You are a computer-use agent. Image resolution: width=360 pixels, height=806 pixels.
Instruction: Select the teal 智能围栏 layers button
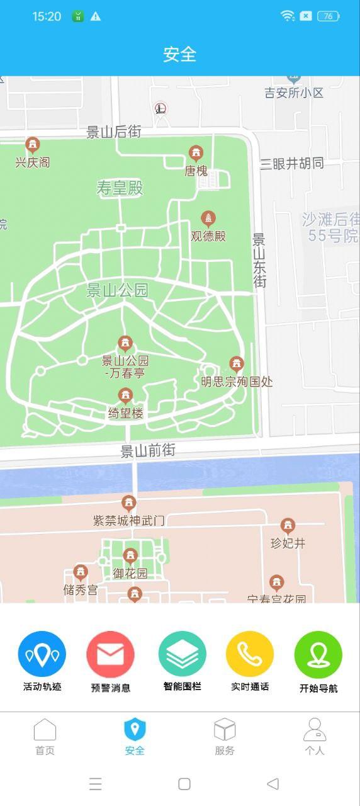pos(183,655)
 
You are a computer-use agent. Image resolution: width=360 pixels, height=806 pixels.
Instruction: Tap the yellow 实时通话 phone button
pos(250,655)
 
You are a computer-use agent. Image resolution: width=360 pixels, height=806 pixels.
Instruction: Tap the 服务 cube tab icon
pos(225,730)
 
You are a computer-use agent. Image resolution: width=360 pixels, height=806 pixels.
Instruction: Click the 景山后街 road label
pos(114,132)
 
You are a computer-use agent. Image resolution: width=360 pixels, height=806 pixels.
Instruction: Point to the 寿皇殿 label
pos(120,188)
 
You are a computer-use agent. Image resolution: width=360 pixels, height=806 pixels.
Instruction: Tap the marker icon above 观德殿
pos(208,219)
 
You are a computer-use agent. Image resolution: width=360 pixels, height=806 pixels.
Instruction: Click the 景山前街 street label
pos(148,451)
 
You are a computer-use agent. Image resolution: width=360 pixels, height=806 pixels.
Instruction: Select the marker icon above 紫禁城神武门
pos(129,503)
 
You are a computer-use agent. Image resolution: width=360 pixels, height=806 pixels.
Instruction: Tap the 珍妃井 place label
pos(288,543)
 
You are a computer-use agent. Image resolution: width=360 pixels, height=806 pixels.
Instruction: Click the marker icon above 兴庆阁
pos(33,145)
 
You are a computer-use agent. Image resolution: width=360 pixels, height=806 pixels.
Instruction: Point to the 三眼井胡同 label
pos(292,164)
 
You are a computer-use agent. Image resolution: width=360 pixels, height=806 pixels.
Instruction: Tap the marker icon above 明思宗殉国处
pos(237,364)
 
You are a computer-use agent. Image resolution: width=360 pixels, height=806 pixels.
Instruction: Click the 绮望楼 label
pos(126,414)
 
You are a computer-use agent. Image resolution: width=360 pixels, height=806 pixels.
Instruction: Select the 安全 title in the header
pos(180,54)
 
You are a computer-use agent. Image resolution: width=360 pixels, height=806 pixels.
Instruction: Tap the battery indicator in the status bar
pos(329,16)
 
